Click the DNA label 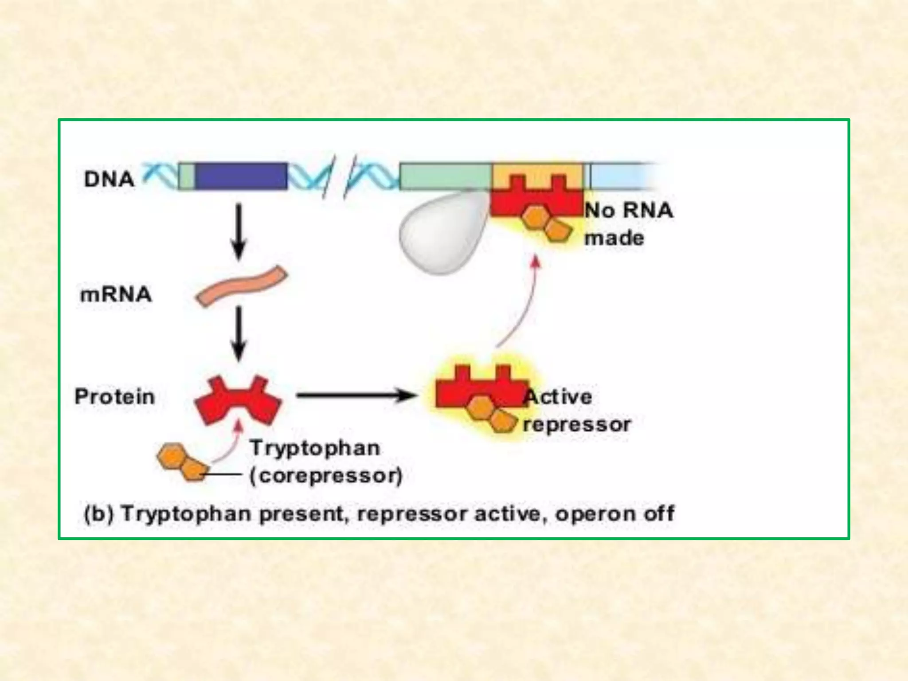tap(109, 179)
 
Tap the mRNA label tap(116, 294)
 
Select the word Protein tap(115, 396)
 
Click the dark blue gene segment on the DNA tap(241, 176)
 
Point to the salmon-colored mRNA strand tap(242, 286)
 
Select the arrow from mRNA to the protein tap(239, 333)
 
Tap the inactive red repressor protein tap(238, 400)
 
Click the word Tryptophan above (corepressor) tap(315, 448)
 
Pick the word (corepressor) tap(326, 476)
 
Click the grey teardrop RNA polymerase tap(441, 233)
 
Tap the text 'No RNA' tap(629, 210)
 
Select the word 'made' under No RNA tap(614, 238)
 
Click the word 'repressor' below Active tap(577, 425)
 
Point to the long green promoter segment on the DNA tap(445, 176)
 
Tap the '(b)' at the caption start tap(99, 514)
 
